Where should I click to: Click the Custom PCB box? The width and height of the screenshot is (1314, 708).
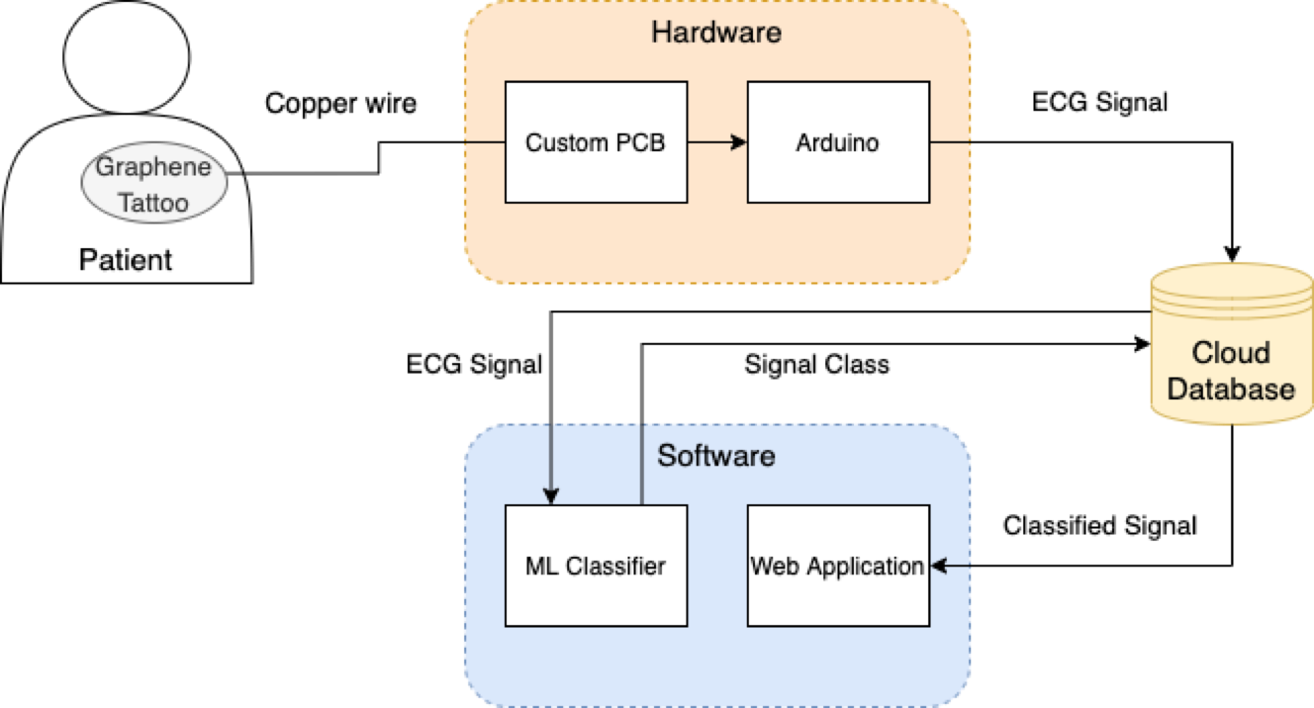596,142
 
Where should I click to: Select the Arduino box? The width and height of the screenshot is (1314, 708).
838,142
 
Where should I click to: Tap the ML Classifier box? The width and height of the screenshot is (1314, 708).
596,566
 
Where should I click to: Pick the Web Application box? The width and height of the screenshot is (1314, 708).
838,566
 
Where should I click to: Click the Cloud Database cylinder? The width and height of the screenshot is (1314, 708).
1232,344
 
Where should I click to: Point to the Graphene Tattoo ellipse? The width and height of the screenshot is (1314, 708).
153,183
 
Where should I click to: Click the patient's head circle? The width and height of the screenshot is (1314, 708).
126,57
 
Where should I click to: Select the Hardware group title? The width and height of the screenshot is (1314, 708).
716,33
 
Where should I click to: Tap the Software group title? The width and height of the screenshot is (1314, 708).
716,456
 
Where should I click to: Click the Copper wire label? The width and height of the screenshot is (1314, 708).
340,104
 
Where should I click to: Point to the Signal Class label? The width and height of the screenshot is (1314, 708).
816,365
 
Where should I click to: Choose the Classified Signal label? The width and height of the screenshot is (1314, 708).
1100,526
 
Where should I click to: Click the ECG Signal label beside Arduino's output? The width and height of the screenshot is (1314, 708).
1100,102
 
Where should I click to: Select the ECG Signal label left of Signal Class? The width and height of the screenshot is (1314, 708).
474,365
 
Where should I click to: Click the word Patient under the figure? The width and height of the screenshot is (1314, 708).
126,260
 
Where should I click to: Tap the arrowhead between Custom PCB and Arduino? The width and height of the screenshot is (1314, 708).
739,141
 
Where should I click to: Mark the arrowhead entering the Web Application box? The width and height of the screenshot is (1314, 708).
939,566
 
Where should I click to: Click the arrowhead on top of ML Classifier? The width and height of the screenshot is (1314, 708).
551,496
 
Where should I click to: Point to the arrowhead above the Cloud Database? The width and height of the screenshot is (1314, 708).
1232,254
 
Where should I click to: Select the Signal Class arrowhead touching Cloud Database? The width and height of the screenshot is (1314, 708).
1142,344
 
